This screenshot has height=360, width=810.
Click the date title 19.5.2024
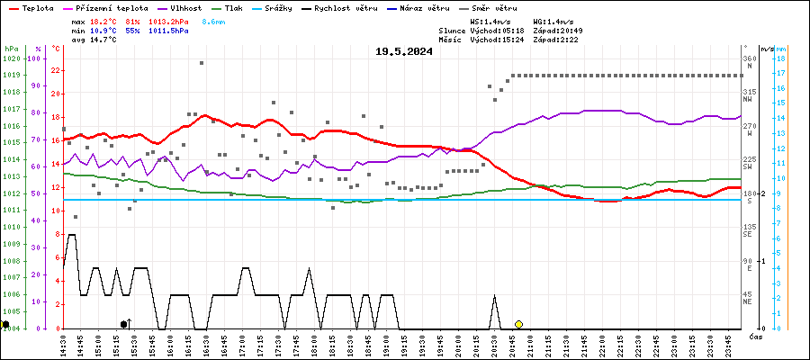point(404,51)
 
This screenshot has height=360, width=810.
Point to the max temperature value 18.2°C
point(102,20)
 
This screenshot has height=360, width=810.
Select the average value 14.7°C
point(102,40)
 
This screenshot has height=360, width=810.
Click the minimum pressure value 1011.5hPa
point(169,30)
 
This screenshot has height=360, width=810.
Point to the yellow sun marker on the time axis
point(518,324)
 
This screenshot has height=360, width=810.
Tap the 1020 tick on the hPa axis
point(12,58)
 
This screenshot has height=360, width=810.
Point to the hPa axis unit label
point(11,48)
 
